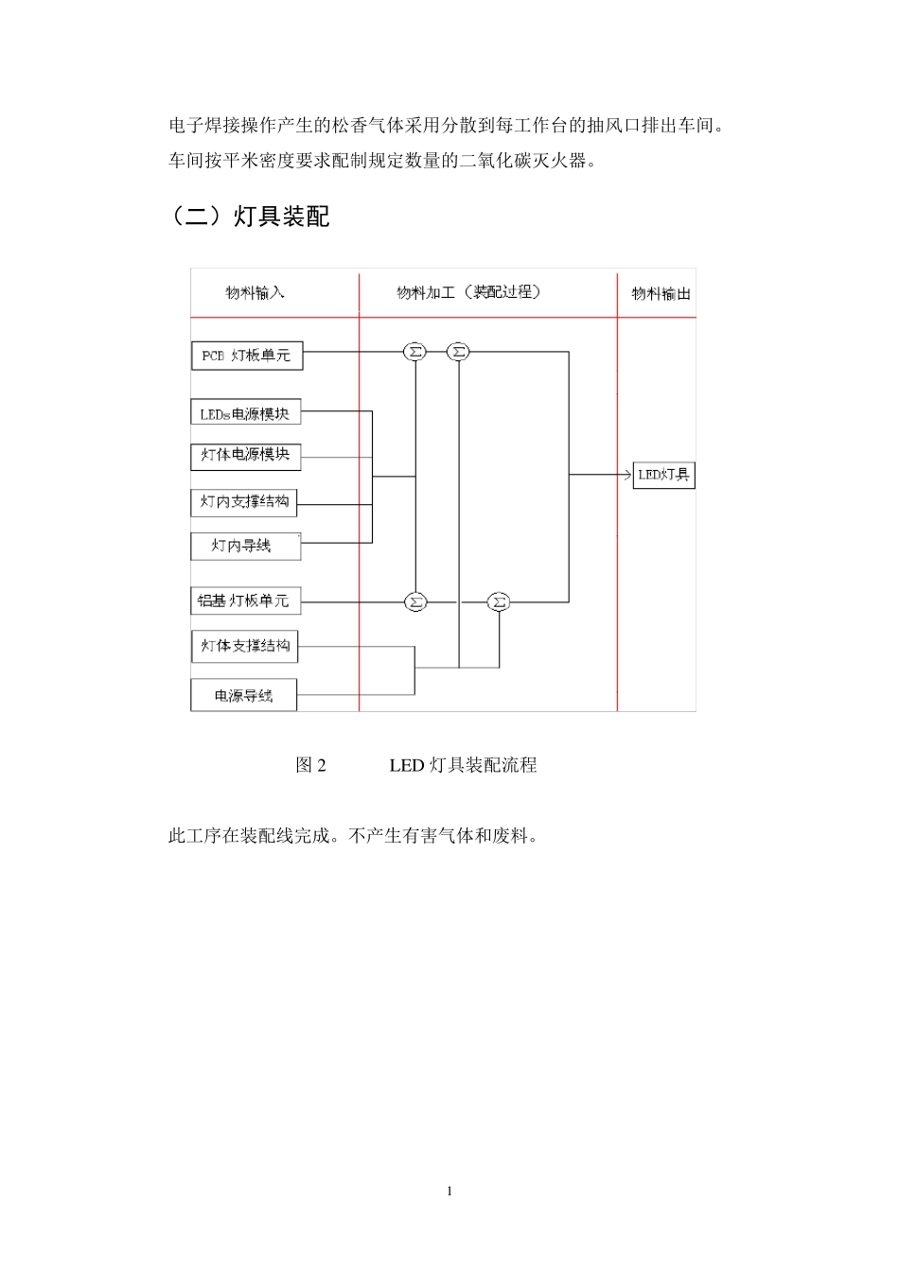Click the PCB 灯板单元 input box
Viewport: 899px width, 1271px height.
pos(247,356)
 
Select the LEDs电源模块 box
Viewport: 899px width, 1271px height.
pos(245,413)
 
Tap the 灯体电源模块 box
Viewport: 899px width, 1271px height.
pos(245,455)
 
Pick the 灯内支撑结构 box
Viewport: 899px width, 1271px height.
pos(244,501)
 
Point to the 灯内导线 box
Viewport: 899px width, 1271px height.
pos(245,546)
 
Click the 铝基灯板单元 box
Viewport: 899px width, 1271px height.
pos(245,601)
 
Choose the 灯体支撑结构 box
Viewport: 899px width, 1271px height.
pos(244,646)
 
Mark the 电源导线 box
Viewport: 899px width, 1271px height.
pos(244,696)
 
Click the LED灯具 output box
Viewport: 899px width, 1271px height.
pos(663,475)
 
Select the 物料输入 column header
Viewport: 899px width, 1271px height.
pos(255,293)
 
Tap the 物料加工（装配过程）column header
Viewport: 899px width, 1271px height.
pos(469,293)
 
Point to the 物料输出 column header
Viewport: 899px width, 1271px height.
pos(661,294)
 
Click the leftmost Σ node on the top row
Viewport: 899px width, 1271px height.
pos(414,352)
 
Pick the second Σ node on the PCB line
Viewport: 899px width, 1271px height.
pos(458,352)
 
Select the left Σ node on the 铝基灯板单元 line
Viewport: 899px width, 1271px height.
pos(415,601)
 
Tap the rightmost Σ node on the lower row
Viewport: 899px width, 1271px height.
pos(499,601)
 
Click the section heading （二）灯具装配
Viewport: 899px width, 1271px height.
pos(249,217)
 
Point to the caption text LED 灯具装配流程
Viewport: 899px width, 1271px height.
pos(463,765)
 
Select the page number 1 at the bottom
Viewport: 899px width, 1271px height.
pos(449,1192)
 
